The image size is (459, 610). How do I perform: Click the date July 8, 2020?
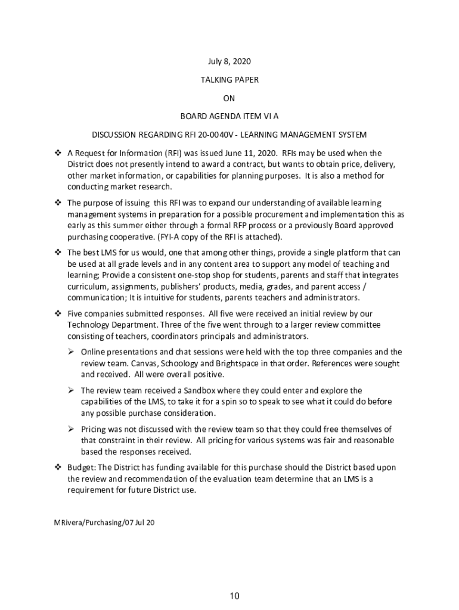(229, 61)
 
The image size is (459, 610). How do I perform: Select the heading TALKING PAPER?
(229, 79)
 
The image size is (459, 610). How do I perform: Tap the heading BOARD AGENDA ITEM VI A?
(229, 116)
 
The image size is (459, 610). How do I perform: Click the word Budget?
(80, 468)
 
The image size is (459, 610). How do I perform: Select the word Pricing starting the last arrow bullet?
(94, 429)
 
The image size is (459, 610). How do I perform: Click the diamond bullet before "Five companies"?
(58, 313)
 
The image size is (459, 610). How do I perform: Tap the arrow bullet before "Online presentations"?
(70, 352)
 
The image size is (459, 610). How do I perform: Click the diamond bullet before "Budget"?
(58, 468)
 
